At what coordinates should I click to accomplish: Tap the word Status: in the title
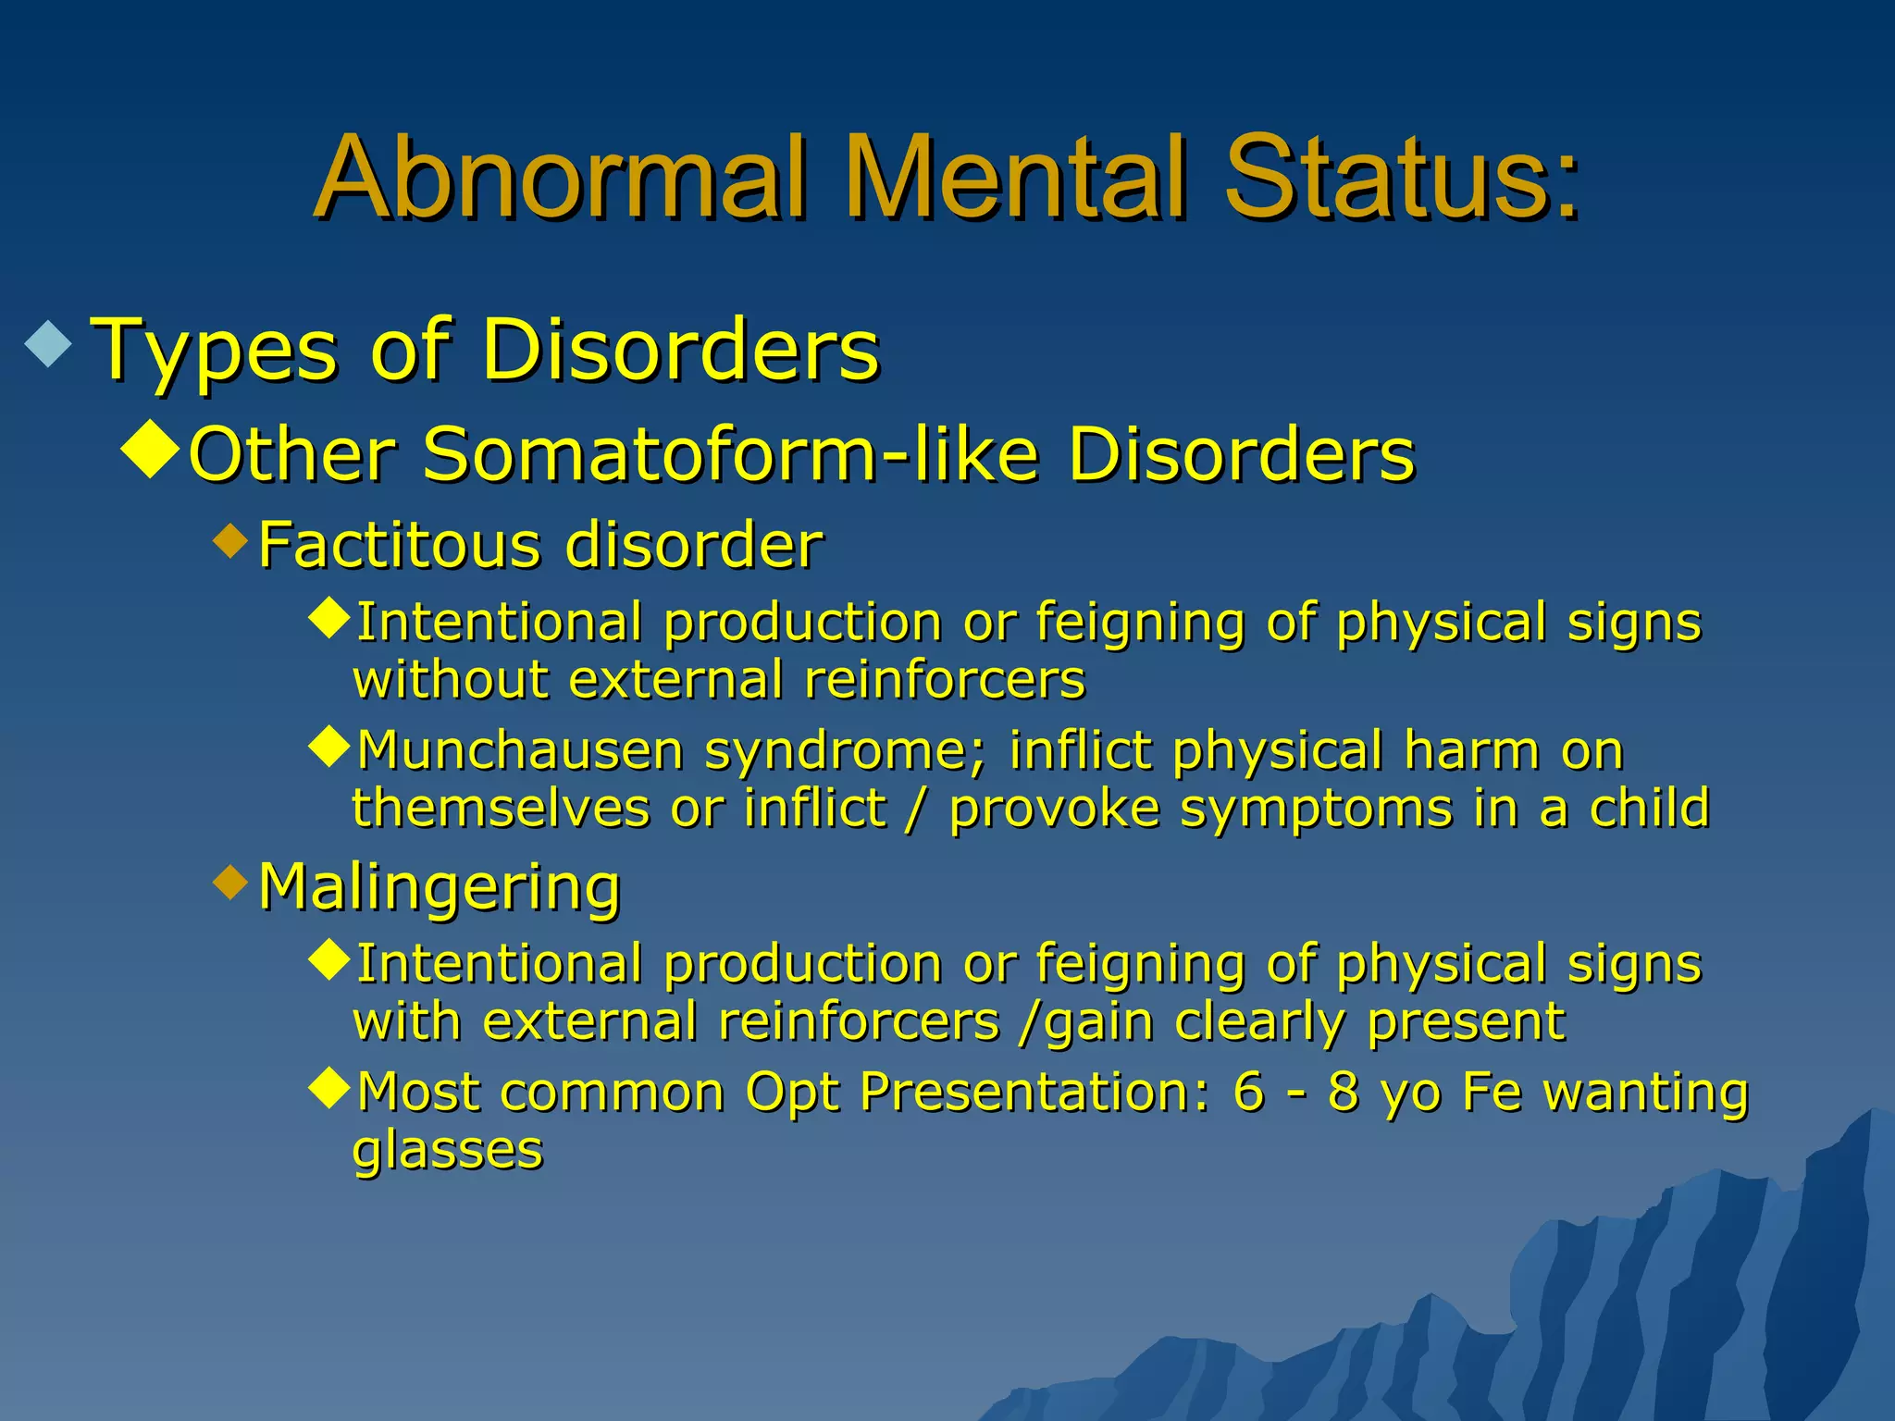(x=1400, y=178)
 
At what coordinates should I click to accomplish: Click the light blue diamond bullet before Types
(x=49, y=343)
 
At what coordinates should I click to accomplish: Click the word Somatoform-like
(x=730, y=455)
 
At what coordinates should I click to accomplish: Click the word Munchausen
(x=520, y=750)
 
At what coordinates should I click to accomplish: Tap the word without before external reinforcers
(x=450, y=680)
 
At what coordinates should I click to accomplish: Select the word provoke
(x=1055, y=808)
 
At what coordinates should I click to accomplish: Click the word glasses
(x=447, y=1151)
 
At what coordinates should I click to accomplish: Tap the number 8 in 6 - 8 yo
(x=1343, y=1093)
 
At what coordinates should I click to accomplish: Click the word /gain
(x=1084, y=1023)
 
